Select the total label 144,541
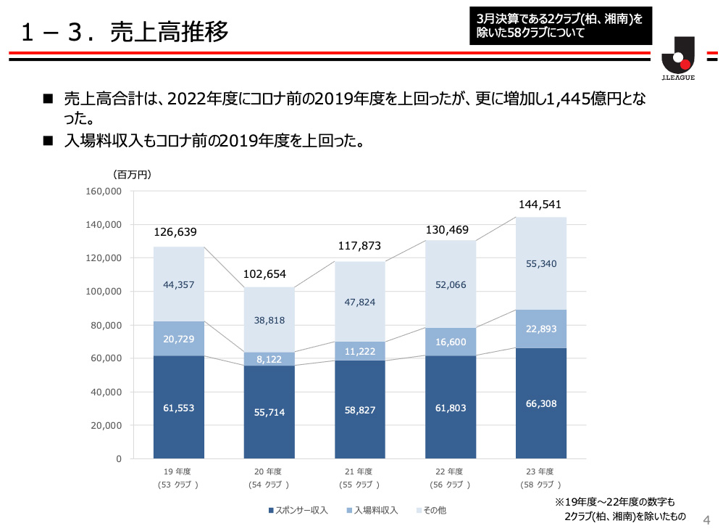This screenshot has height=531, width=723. pyautogui.click(x=540, y=205)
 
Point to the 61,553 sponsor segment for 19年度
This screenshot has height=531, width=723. pyautogui.click(x=178, y=408)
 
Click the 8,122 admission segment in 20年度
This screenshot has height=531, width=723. pyautogui.click(x=269, y=359)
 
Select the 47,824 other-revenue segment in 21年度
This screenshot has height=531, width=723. pyautogui.click(x=359, y=302)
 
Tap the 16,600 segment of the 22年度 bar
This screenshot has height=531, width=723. pyautogui.click(x=450, y=342)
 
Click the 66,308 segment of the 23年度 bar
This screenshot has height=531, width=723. pyautogui.click(x=540, y=403)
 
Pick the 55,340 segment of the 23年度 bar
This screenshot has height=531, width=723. pyautogui.click(x=540, y=263)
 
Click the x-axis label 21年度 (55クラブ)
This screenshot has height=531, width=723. pyautogui.click(x=359, y=477)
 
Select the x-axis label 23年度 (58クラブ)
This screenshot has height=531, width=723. pyautogui.click(x=540, y=477)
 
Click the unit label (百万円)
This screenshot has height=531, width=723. pyautogui.click(x=131, y=174)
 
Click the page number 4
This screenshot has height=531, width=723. pyautogui.click(x=707, y=519)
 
